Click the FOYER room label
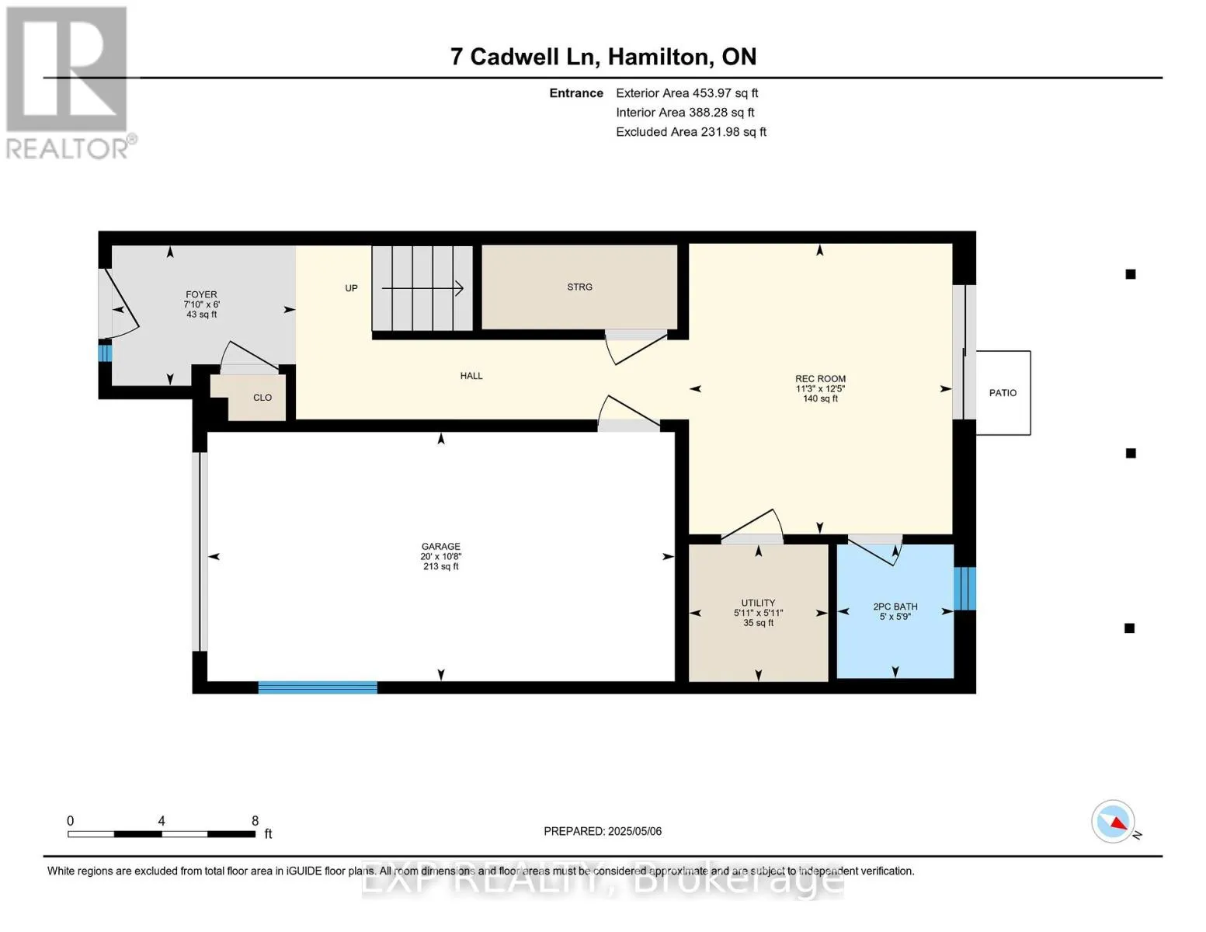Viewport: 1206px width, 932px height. (201, 294)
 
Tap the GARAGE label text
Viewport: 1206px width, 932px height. (440, 546)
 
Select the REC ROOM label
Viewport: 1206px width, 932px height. (820, 378)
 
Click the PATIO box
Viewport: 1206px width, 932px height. (1003, 392)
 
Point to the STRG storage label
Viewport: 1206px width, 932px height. (579, 287)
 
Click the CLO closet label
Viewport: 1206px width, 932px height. (262, 398)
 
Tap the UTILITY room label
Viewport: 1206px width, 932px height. (758, 603)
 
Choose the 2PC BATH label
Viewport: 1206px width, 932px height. (895, 607)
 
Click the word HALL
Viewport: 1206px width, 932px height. (471, 376)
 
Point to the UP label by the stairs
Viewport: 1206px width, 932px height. (351, 288)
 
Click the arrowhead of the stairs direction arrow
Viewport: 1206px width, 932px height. (460, 288)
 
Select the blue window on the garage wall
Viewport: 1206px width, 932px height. (318, 687)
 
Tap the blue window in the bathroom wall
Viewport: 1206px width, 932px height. (964, 589)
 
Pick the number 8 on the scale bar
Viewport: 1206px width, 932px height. (255, 820)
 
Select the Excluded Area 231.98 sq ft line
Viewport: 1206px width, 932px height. (691, 132)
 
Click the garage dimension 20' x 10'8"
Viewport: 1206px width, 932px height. (440, 556)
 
